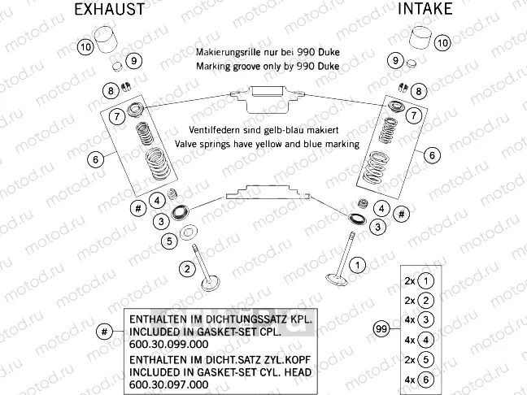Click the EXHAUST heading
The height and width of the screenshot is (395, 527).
(109, 10)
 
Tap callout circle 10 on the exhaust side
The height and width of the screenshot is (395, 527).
(86, 46)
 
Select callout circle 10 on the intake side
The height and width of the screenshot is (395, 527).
(442, 42)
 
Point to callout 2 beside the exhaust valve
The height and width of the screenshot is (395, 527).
(188, 268)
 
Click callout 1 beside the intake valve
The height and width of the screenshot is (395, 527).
(356, 264)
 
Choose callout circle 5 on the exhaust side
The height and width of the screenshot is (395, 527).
(169, 241)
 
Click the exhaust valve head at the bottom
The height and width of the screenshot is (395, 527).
(213, 284)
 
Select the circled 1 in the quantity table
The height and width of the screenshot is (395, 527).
(428, 280)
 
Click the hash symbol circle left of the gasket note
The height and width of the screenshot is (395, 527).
(103, 331)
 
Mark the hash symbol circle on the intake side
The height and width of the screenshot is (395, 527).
(402, 214)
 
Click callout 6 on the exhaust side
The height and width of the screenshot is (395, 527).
(95, 159)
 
